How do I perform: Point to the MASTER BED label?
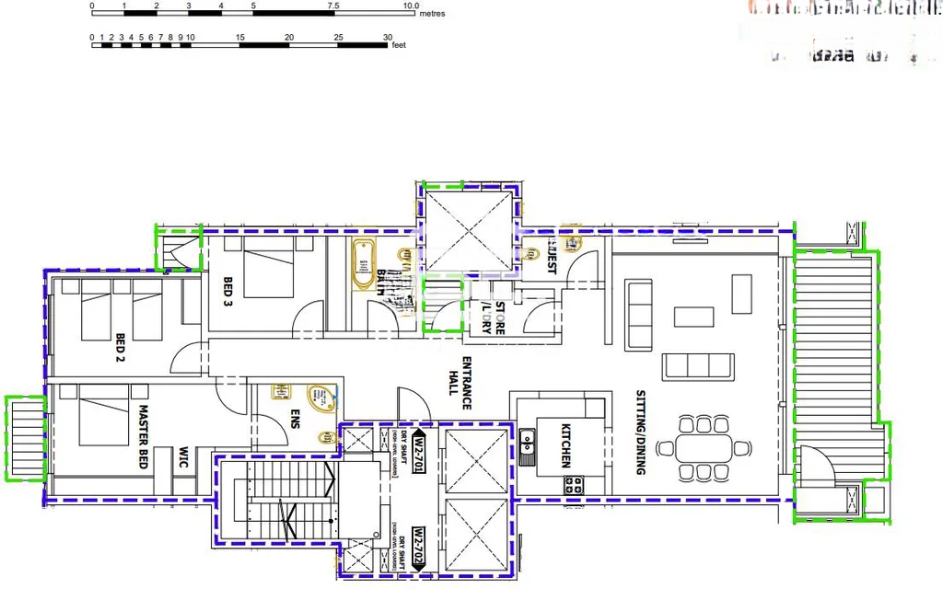pos(144,438)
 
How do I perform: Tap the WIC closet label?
pos(183,458)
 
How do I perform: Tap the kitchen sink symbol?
pos(528,446)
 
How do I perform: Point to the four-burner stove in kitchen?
pos(573,484)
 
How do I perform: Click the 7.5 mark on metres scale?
pos(332,6)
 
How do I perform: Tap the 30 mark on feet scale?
pos(388,38)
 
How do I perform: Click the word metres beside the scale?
pos(432,14)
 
